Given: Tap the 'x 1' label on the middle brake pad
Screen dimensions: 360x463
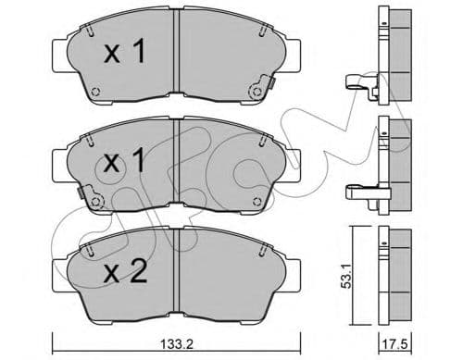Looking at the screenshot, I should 123,165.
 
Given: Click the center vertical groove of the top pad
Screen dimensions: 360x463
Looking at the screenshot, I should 176,56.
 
